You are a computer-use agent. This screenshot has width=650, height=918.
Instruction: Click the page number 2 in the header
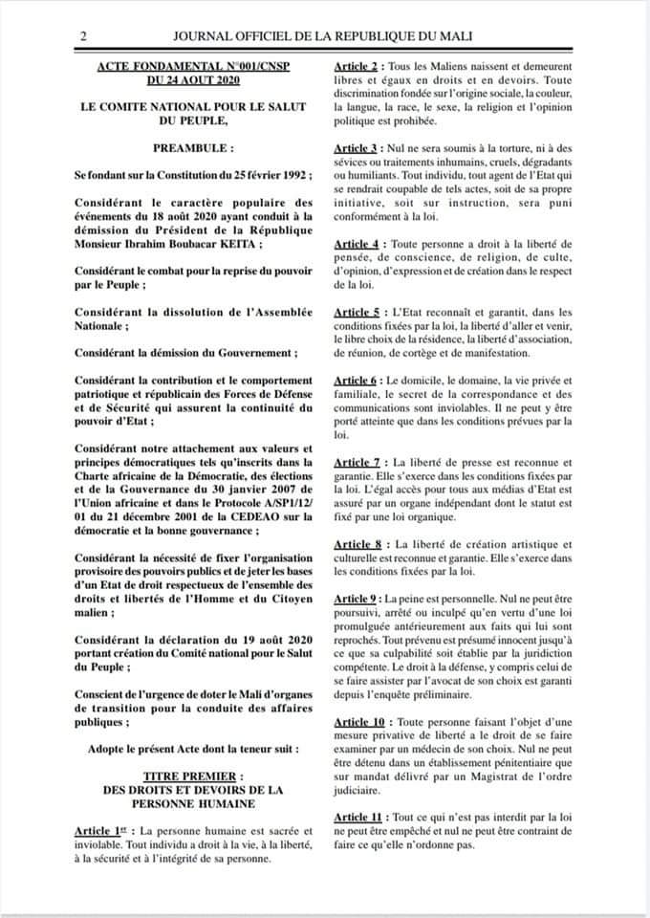[x=84, y=36]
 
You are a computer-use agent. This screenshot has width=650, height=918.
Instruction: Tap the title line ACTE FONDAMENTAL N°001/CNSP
[x=193, y=67]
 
